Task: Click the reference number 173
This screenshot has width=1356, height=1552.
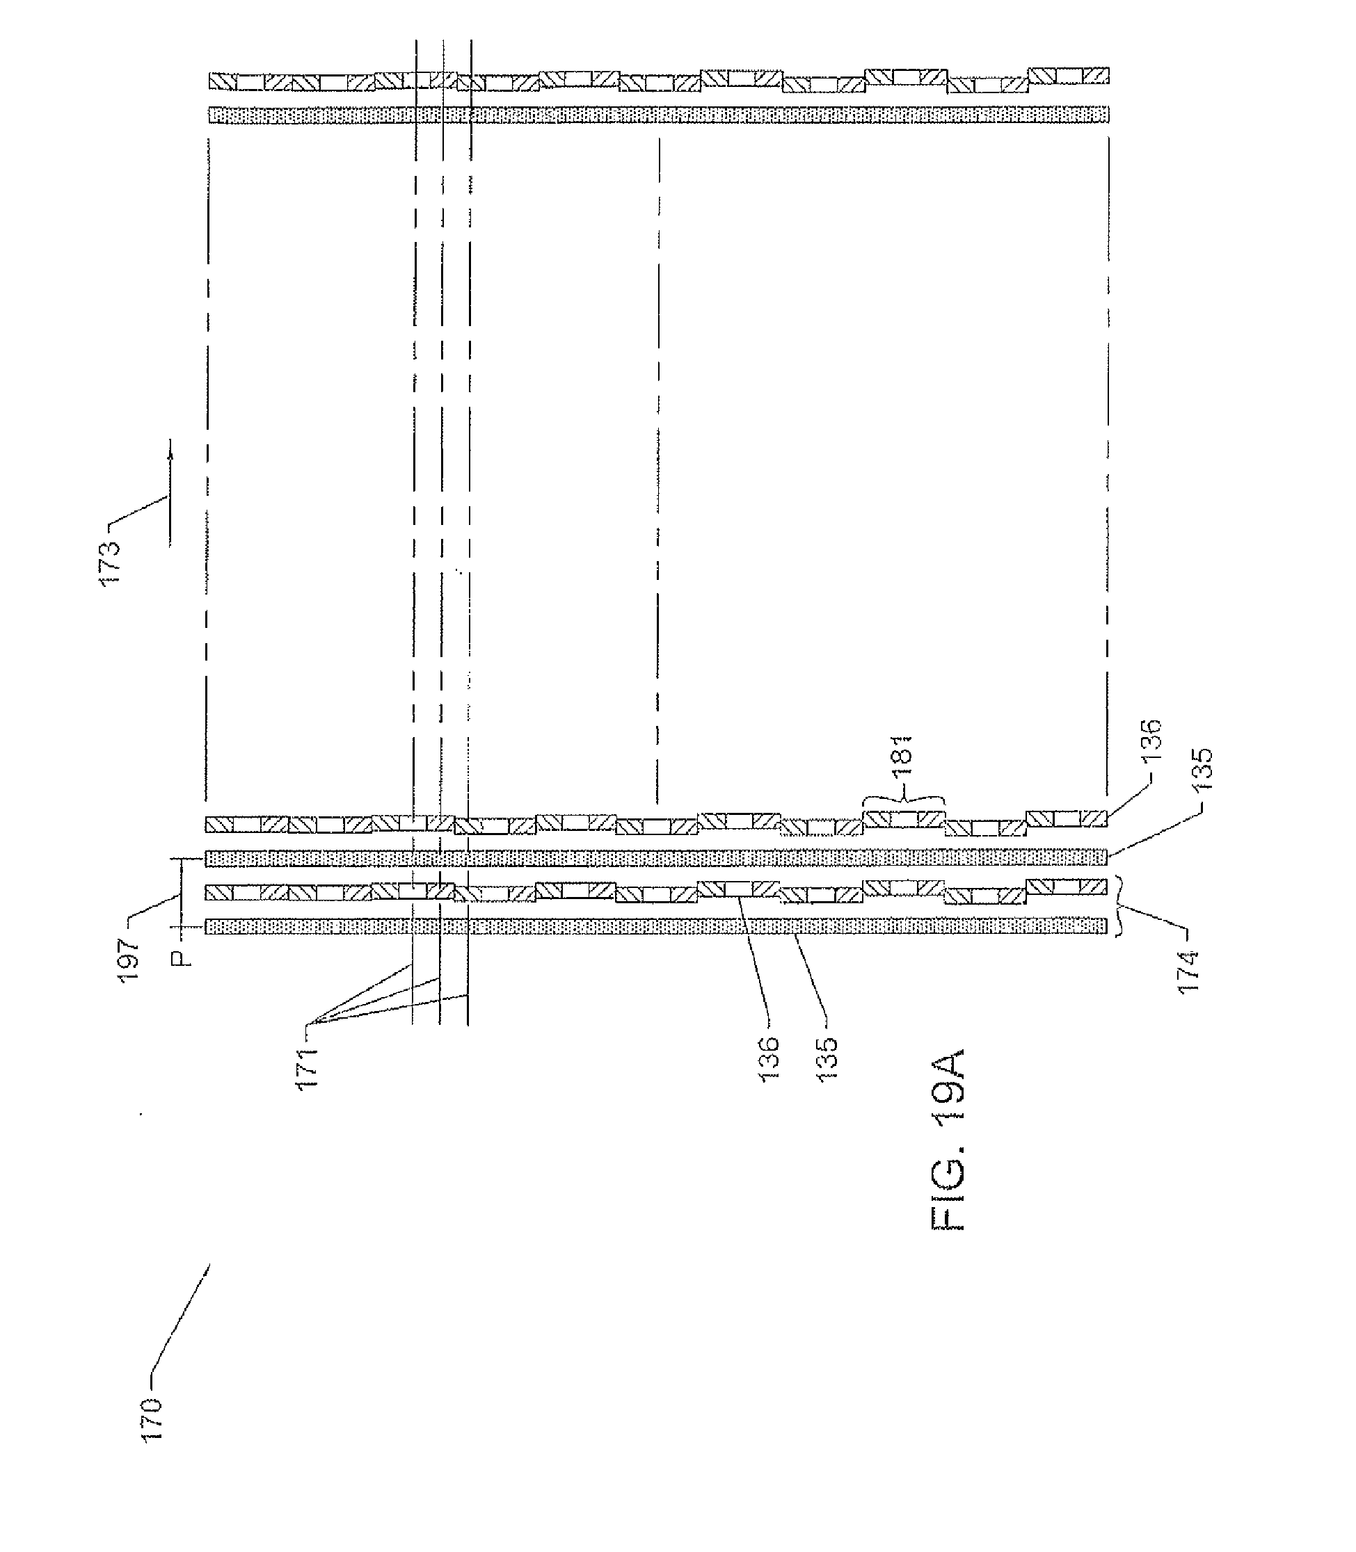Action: pos(111,562)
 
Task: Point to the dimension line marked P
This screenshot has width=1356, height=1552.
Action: pos(181,893)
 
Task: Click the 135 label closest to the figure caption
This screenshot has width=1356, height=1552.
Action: pos(829,1058)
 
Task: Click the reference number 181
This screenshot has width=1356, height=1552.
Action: pos(904,757)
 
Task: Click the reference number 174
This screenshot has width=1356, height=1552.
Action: pos(1189,971)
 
